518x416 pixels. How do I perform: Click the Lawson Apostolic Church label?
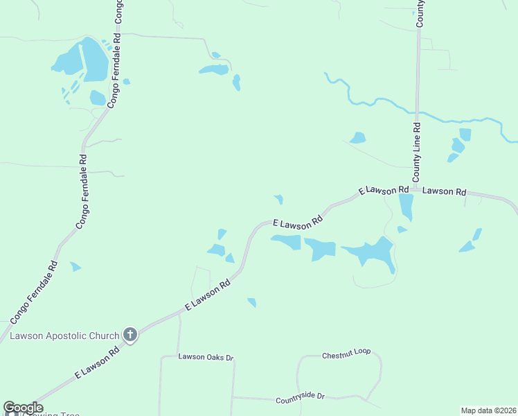coord(64,336)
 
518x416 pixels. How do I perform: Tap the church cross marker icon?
coord(129,336)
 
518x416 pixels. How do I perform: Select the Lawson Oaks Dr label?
coord(206,357)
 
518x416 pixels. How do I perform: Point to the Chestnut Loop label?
coord(346,354)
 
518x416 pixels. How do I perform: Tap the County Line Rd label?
coord(417,153)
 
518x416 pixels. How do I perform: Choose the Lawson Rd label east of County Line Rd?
coord(444,191)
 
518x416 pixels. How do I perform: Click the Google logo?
coord(23,408)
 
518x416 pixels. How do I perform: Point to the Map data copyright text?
coord(488,410)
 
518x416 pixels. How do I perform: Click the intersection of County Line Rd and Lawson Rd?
coord(417,188)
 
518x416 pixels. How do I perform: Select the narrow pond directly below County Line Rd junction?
coord(406,207)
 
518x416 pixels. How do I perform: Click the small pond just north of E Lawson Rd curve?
coord(278,200)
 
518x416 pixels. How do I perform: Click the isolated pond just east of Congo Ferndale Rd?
coord(75,266)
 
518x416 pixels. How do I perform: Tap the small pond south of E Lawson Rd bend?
coord(252,302)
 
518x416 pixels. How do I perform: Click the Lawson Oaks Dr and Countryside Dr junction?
coord(233,397)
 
